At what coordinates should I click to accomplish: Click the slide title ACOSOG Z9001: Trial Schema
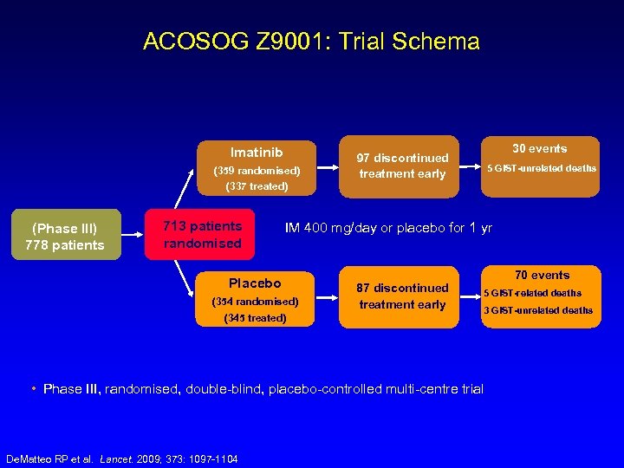[x=311, y=42]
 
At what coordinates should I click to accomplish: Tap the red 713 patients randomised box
[x=202, y=235]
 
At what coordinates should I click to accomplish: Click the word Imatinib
[x=257, y=153]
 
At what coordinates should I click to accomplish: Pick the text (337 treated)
[x=256, y=185]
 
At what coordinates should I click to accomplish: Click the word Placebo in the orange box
[x=255, y=283]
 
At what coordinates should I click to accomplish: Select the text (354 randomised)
[x=255, y=301]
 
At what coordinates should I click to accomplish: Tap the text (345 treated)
[x=255, y=317]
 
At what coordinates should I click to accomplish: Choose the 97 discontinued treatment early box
[x=402, y=166]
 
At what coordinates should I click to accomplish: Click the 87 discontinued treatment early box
[x=402, y=296]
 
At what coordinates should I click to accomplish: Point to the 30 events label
[x=539, y=148]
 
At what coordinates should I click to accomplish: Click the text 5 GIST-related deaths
[x=532, y=293]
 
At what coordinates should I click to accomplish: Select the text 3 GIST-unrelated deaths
[x=537, y=310]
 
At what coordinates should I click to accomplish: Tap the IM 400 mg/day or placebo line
[x=388, y=228]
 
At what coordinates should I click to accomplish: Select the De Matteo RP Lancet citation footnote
[x=122, y=458]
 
